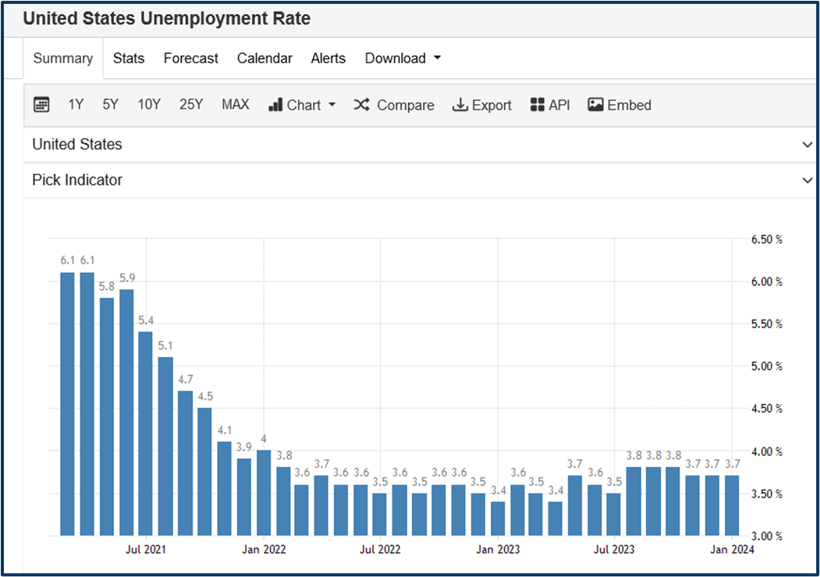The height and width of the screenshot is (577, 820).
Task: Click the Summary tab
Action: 63,58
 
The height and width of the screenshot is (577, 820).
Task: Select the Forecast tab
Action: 191,58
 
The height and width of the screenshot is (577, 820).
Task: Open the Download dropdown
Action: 403,58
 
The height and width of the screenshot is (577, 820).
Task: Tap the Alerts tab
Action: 328,58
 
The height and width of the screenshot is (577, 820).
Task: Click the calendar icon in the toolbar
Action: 42,104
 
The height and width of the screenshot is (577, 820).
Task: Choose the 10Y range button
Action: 149,104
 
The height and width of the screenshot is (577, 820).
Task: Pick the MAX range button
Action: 236,104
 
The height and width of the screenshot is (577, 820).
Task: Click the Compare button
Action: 394,104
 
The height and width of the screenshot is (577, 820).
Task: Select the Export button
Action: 482,104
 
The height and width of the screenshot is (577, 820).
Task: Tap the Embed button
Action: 619,104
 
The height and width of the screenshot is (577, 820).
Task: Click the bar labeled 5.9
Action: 126,413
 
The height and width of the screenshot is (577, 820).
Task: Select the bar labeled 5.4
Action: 146,433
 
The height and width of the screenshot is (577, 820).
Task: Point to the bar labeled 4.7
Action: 185,463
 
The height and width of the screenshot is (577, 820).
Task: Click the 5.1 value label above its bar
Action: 165,345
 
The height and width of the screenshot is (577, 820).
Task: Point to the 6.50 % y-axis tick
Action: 766,239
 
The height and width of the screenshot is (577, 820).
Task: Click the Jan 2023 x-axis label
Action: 498,550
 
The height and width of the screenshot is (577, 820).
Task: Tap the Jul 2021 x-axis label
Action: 146,550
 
